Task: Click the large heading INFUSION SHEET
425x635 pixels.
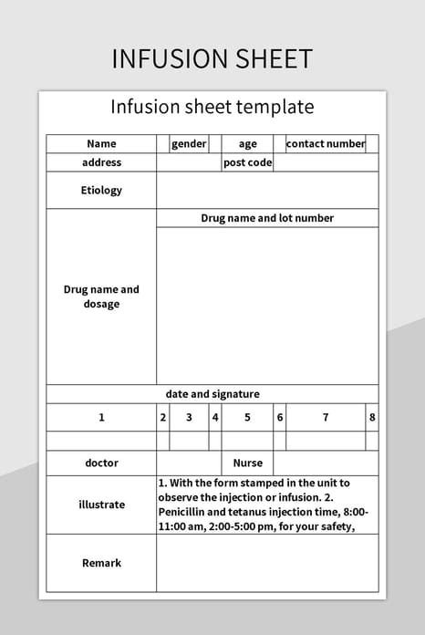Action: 212,58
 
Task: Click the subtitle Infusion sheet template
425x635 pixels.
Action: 212,107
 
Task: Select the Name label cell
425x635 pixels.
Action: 101,144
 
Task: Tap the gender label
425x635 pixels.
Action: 189,144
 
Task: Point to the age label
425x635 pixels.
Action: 248,144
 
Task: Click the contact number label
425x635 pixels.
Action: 326,144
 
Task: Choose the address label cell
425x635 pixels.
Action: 101,162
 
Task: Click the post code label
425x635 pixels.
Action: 247,162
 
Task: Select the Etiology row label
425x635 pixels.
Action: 101,191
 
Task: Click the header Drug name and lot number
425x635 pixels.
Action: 267,218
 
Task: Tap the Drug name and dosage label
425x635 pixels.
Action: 101,297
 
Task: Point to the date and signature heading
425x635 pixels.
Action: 212,394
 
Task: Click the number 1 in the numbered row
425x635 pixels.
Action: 101,417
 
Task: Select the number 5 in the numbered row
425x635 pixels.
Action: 247,417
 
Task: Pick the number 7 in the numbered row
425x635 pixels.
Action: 326,417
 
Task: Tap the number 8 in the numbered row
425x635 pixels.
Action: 372,417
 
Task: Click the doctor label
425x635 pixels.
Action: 101,463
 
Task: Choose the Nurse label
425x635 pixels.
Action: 247,463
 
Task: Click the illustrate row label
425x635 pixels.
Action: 101,505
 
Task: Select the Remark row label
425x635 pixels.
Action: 101,563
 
